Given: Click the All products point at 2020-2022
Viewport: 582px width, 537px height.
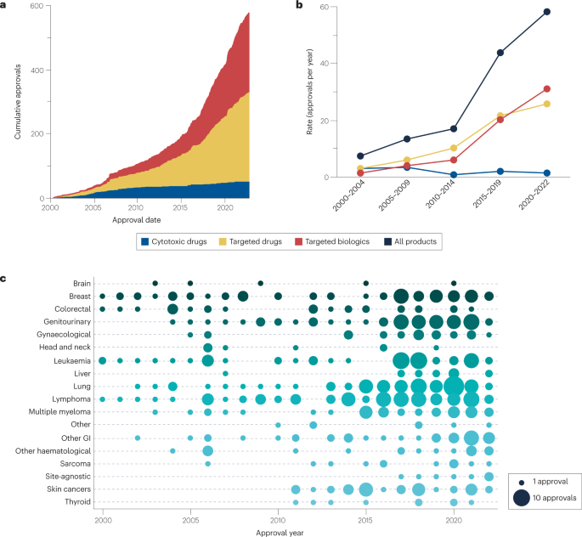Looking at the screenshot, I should pos(547,12).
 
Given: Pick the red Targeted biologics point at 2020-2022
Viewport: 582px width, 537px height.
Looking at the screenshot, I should pos(547,89).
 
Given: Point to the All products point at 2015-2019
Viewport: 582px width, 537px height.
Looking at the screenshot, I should pos(500,53).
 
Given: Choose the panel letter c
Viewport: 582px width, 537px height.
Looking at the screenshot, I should pos(6,278).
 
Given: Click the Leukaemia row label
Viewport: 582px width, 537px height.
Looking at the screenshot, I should pos(73,361).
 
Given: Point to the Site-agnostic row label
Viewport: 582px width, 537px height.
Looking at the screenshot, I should pos(69,477).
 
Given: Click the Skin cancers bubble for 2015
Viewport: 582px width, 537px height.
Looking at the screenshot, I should pos(366,490).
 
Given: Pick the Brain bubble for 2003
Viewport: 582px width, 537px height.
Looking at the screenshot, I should pos(155,283).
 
